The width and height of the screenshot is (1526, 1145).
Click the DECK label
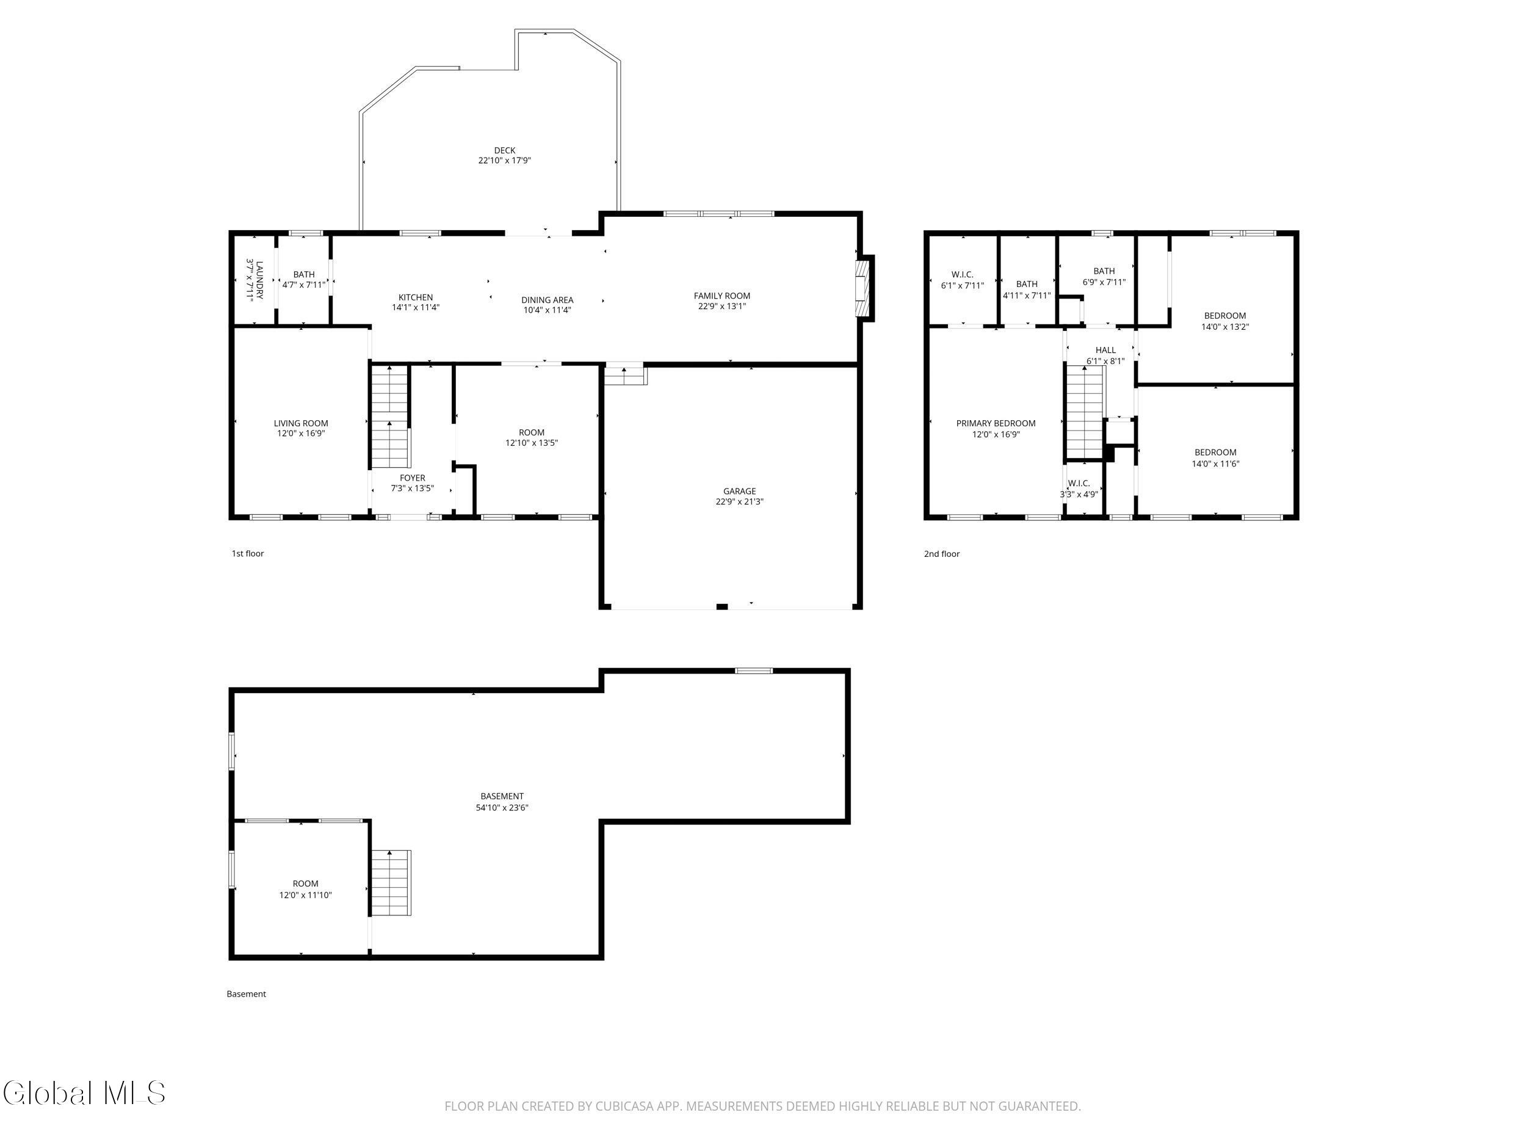(504, 150)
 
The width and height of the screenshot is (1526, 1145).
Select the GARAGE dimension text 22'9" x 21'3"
(740, 502)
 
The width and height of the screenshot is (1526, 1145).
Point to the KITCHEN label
(415, 297)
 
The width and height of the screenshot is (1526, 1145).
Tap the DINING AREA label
(547, 300)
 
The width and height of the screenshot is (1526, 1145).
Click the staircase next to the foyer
(391, 418)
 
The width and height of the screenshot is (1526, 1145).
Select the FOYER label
(413, 478)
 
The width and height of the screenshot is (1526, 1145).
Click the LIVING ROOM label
(301, 424)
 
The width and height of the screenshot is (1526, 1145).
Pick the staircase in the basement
(391, 883)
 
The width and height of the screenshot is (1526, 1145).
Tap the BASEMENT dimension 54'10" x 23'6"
(502, 807)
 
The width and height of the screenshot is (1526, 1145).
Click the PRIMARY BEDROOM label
(996, 424)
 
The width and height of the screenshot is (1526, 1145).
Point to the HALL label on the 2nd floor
(1105, 350)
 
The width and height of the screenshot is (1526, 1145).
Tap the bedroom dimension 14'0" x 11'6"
(1215, 463)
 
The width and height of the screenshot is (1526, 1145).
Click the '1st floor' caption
(248, 553)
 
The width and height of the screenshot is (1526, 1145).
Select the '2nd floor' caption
(942, 553)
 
